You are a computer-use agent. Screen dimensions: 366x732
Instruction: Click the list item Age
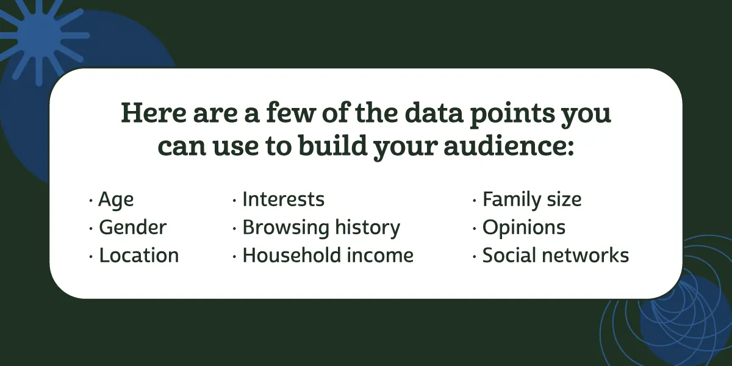[116, 200]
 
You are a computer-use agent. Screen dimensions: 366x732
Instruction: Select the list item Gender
[132, 228]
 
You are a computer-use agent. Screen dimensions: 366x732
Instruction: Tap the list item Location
[138, 256]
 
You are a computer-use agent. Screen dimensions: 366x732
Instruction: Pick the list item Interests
[283, 199]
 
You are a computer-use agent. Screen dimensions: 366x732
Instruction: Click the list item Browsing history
[321, 228]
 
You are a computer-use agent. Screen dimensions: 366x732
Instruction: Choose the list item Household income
[328, 256]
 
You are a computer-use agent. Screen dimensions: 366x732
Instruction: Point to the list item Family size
[531, 199]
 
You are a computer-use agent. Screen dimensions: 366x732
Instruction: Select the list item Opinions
[523, 228]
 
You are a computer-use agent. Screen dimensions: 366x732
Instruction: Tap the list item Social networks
[555, 256]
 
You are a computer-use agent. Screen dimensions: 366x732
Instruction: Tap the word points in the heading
[514, 115]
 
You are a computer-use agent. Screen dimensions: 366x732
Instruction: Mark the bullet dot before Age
[91, 200]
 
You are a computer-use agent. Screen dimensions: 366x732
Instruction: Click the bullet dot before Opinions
[475, 228]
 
